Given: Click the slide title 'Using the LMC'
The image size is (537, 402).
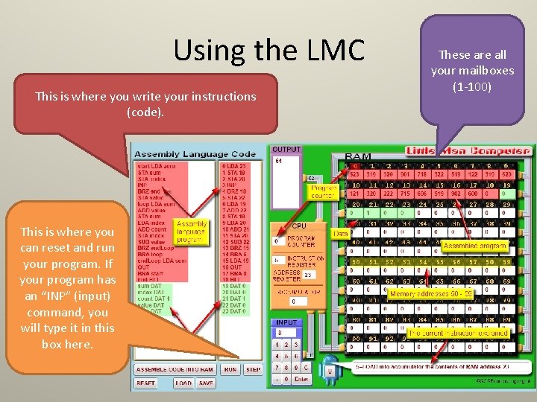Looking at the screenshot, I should tap(268, 51).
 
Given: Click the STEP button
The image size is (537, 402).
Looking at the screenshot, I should tap(254, 369).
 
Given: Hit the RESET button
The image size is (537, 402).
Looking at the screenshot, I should tap(146, 383).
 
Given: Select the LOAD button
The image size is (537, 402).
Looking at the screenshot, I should tap(183, 383).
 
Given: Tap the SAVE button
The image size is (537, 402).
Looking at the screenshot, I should tap(206, 383).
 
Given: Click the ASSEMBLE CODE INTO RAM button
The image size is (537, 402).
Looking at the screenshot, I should tap(175, 369).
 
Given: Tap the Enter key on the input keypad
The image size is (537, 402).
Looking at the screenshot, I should tap(302, 380).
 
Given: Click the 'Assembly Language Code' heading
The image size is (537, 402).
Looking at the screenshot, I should tap(195, 154).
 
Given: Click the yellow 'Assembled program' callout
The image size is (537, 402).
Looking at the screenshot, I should tap(474, 246).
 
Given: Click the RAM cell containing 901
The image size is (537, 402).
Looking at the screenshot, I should tap(405, 174).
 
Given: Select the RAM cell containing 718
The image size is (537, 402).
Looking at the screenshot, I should tap(423, 174).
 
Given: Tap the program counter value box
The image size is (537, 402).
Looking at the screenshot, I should tap(277, 241).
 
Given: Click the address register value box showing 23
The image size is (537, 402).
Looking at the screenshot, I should tap(307, 274).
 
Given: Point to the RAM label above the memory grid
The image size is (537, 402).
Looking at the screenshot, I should tap(359, 156).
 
